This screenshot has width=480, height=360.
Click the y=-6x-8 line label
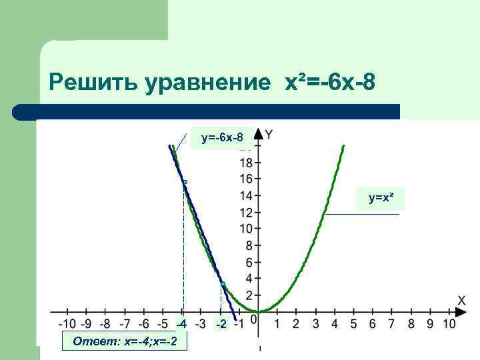(x=221, y=139)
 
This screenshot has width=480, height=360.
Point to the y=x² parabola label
(x=382, y=198)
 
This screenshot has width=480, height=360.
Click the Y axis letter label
(x=268, y=135)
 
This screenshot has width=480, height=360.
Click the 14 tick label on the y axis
(x=245, y=195)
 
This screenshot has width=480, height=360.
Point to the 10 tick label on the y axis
(x=245, y=229)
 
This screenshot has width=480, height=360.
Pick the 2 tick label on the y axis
(x=249, y=295)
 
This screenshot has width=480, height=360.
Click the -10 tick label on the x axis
(x=65, y=324)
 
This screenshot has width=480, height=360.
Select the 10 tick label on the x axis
(x=449, y=324)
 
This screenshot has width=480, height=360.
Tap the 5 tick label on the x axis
(x=353, y=324)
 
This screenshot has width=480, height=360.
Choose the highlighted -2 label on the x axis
(x=220, y=324)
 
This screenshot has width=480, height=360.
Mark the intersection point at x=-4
(x=185, y=181)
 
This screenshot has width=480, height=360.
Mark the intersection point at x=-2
(x=223, y=285)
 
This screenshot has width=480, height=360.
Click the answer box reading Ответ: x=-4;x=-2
(x=124, y=341)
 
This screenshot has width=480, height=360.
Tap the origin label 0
(x=253, y=321)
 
